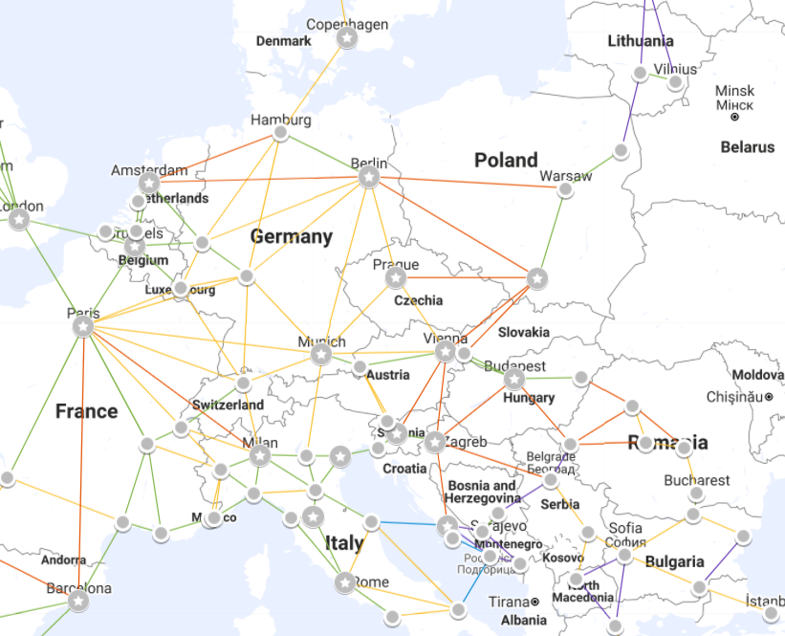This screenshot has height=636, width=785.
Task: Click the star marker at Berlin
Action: [x=369, y=177]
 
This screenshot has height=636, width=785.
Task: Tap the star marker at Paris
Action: [x=83, y=327]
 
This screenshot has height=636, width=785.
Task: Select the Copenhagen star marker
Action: [x=346, y=38]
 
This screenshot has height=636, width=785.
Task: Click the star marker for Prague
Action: [x=396, y=277]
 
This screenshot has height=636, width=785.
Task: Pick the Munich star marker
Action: [x=321, y=355]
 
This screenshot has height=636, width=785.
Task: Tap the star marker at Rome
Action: [x=344, y=581]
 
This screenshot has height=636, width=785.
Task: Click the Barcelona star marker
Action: [x=77, y=601]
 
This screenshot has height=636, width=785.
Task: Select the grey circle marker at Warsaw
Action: [x=565, y=189]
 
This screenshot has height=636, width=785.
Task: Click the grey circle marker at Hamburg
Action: [x=280, y=133]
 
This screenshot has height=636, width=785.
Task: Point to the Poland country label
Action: [x=506, y=160]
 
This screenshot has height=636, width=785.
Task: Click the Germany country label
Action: [x=292, y=236]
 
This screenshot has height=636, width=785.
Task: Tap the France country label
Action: [x=86, y=411]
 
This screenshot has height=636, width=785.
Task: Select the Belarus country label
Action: [x=747, y=147]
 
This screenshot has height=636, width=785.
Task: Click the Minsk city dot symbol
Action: [x=734, y=117]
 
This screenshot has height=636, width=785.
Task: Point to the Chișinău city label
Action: [x=732, y=396]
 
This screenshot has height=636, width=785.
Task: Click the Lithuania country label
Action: [x=641, y=41]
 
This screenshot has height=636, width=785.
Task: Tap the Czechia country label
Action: [x=419, y=300]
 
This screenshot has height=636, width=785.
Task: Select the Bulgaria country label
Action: [x=674, y=561]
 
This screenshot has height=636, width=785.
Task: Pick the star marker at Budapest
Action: [x=514, y=380]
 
